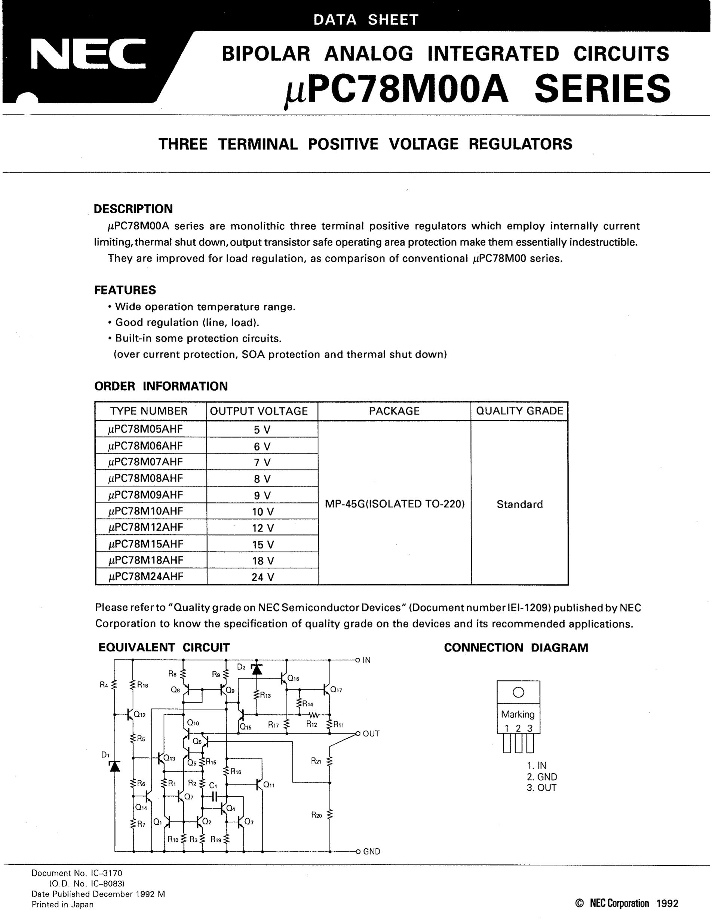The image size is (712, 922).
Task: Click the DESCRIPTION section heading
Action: point(133,209)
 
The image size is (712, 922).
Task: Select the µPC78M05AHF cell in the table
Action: point(145,429)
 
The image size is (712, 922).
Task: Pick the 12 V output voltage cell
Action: point(263,528)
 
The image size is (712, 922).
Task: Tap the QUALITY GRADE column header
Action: point(519,411)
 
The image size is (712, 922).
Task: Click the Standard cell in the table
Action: point(519,504)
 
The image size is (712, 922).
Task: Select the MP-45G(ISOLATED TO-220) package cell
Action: point(395,504)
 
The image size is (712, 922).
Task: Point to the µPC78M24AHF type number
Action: point(145,577)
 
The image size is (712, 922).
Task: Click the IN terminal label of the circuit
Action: point(366,660)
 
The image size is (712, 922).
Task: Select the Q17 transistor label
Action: point(336,690)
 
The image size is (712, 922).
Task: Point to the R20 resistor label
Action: point(316,815)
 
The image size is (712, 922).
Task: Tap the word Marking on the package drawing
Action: point(518,714)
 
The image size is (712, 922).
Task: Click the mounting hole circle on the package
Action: point(518,692)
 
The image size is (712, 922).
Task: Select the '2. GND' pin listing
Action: point(541,777)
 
